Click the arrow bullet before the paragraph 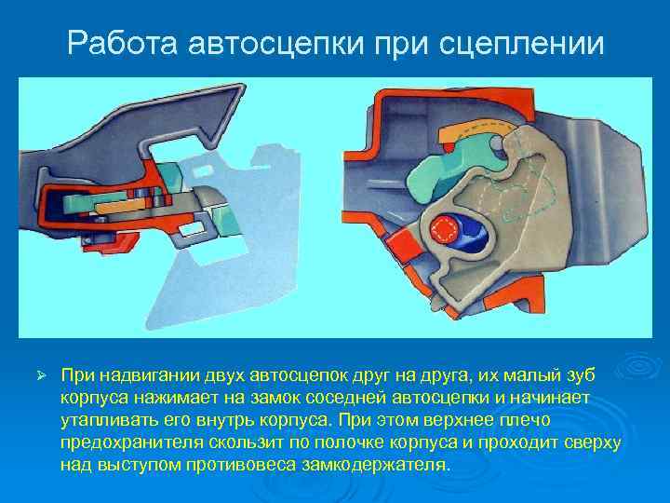pos(40,374)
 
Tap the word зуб pos(583,374)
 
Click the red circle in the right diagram pos(445,229)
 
